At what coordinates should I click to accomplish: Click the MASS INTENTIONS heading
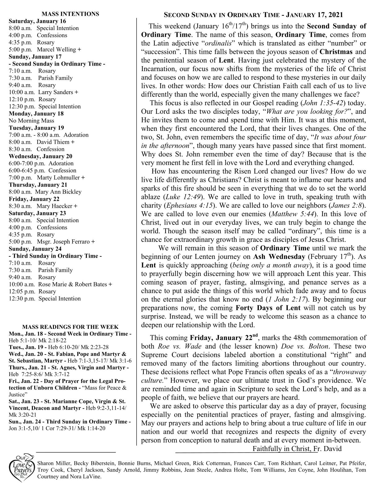[70, 14]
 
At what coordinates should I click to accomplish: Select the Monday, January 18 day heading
[36, 114]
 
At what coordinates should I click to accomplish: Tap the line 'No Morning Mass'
[31, 121]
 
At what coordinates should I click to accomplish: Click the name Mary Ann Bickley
[58, 192]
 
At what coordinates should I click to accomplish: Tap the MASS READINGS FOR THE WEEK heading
[70, 327]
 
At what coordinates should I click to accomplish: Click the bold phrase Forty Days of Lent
[268, 308]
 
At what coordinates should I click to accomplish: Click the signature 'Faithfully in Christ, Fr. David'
[297, 449]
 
